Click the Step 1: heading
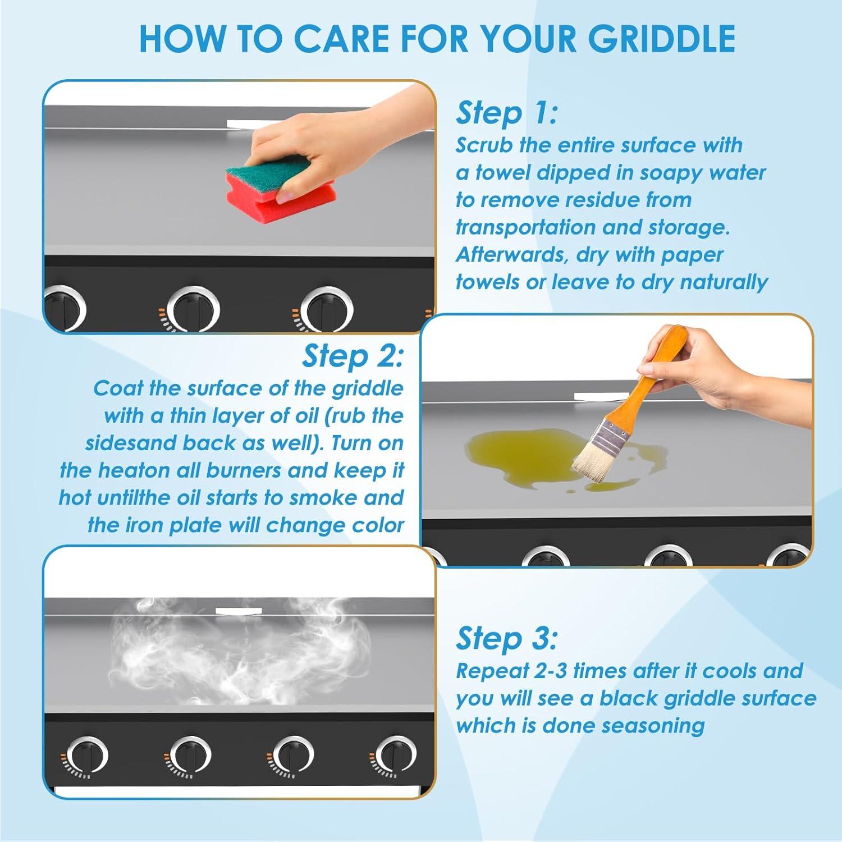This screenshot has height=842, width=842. (x=507, y=113)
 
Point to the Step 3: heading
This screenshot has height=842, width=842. (x=507, y=638)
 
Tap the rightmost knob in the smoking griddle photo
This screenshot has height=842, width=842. (x=396, y=756)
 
